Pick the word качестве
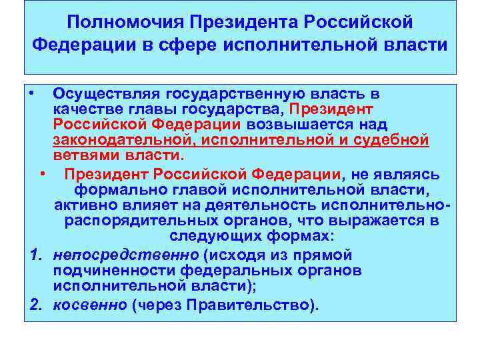coord(84,109)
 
